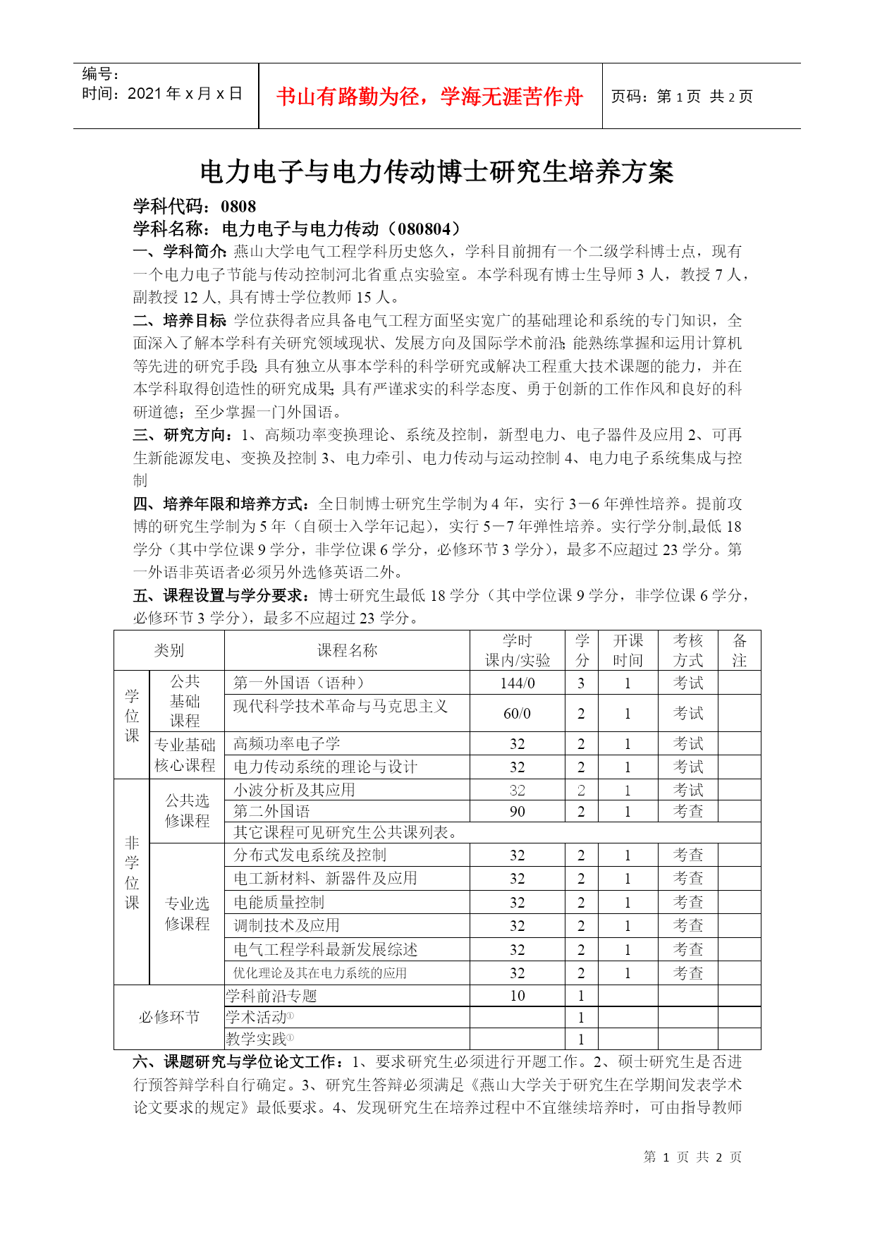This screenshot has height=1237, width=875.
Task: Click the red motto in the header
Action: pos(429,97)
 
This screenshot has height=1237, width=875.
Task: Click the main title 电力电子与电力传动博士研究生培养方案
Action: pos(436,172)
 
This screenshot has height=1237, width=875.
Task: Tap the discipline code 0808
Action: pos(238,206)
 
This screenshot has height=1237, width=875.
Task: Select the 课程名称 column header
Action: pos(347,650)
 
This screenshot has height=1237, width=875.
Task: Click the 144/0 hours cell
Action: pos(517,683)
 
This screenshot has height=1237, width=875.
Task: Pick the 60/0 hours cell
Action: pos(517,713)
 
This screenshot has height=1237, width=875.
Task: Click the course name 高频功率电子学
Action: pos(287,743)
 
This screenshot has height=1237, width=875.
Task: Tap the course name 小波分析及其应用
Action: pos(294,790)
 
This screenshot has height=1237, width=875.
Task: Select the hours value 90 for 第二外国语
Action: pos(517,811)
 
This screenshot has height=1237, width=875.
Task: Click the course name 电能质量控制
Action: pos(279,902)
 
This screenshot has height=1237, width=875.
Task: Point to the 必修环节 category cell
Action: pos(169,1017)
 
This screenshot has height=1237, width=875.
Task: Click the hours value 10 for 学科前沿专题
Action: pos(517,996)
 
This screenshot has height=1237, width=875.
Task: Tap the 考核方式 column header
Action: pos(687,650)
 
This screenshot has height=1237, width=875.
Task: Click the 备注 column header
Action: pos(739,650)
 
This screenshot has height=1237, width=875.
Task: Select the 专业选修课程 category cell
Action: pos(187,913)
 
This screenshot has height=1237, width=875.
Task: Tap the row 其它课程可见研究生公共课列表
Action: pos(345,832)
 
